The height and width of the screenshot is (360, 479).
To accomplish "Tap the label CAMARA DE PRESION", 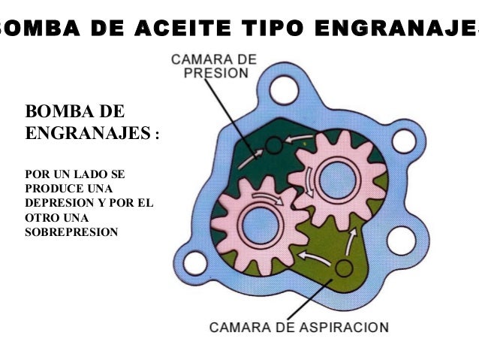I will (x=214, y=65).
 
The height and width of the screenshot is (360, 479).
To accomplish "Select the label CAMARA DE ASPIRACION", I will (x=298, y=328).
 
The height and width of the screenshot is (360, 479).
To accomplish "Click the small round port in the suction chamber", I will (x=344, y=268).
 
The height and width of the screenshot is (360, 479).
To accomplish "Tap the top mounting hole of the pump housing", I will (x=284, y=89).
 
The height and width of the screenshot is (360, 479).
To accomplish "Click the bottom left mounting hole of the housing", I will (x=195, y=263).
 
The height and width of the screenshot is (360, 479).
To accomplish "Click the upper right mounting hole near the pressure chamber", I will (x=404, y=141).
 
